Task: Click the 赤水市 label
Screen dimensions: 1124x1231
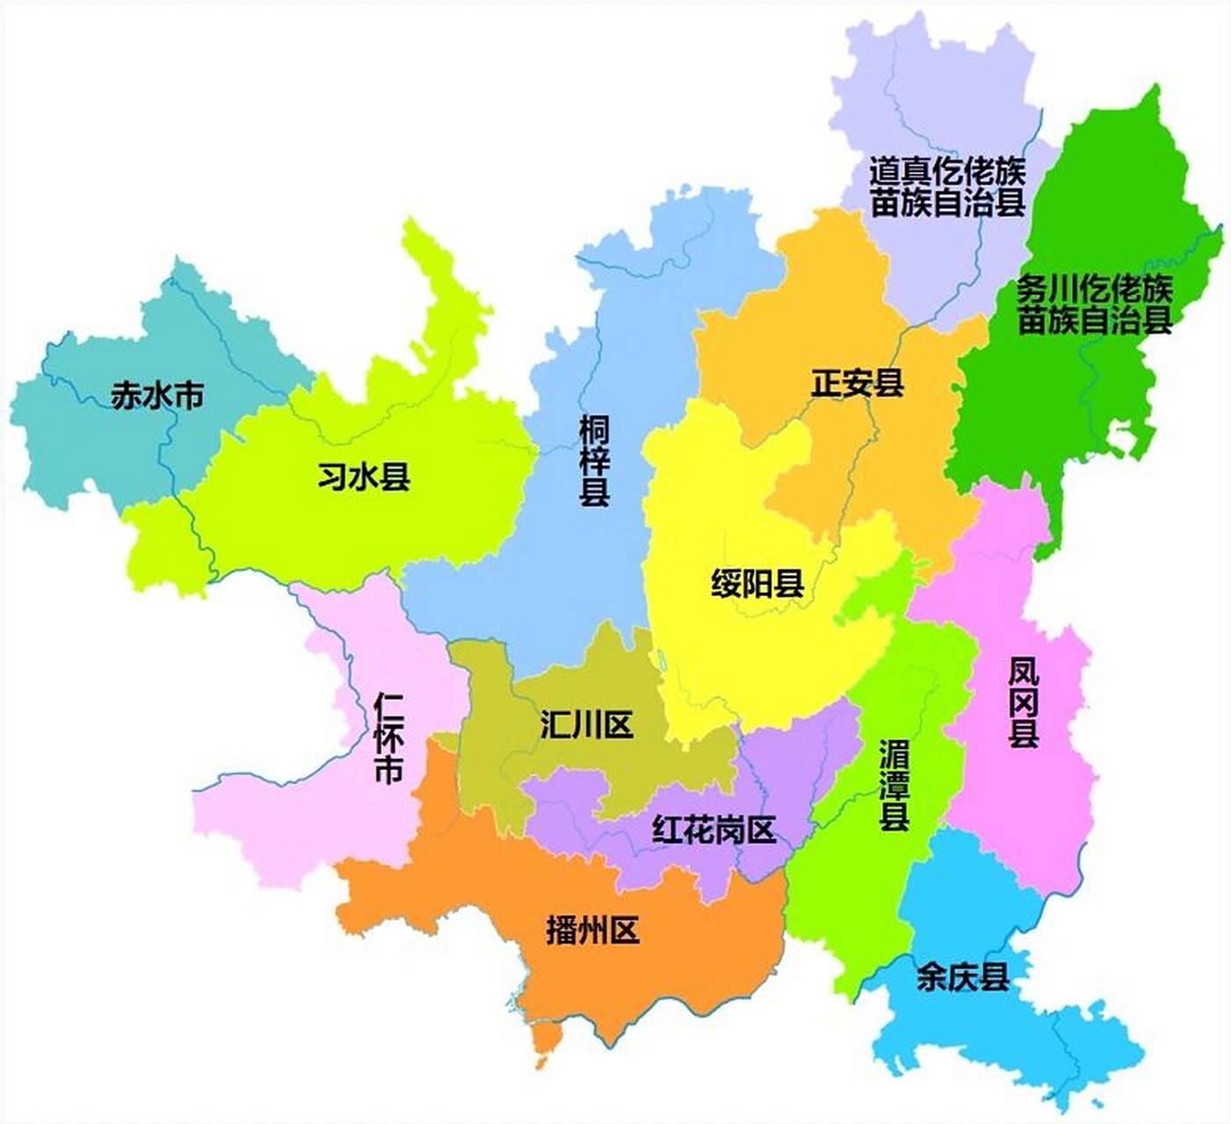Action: point(157,396)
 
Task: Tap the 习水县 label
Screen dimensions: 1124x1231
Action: point(364,478)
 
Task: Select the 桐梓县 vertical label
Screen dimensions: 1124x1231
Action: point(595,461)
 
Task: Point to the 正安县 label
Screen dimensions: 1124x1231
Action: point(857,384)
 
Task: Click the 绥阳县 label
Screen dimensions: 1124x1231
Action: point(757,583)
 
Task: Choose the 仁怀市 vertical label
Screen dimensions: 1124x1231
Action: point(388,738)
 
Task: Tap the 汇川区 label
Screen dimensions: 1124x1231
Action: point(586,725)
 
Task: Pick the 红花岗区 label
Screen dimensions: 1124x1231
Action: point(713,829)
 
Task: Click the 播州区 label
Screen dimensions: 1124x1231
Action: point(592,930)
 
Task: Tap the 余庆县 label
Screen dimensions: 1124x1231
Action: point(962,976)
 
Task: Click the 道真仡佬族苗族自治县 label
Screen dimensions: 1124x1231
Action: point(947,186)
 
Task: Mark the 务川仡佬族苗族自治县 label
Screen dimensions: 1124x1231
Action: point(1095,304)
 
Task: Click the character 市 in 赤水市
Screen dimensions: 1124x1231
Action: point(188,396)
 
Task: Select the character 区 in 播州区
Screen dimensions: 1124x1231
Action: point(624,930)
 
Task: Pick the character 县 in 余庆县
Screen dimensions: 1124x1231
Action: point(994,976)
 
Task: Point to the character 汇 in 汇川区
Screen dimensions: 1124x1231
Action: point(555,725)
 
